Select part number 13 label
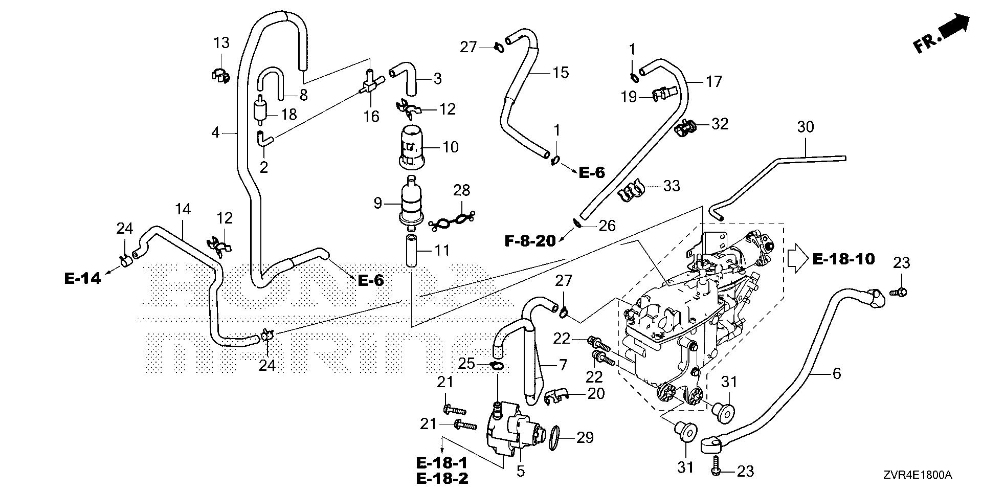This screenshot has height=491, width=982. click(221, 42)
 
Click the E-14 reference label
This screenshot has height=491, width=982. click(82, 279)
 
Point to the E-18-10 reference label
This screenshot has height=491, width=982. click(843, 259)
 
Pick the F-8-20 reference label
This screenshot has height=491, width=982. click(530, 240)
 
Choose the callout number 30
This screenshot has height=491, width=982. click(805, 127)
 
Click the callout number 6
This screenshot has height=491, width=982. click(836, 373)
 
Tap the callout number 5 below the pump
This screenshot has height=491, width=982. click(520, 471)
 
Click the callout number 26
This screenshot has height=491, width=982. click(607, 226)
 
